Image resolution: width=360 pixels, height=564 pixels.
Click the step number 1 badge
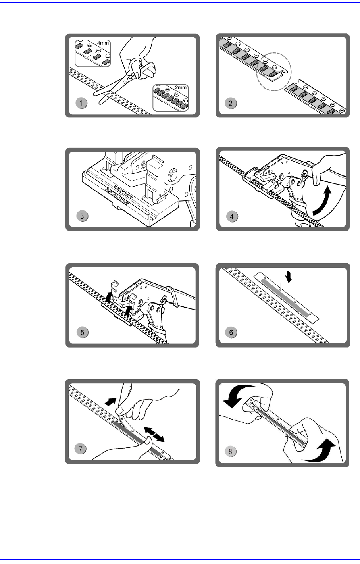coord(81,103)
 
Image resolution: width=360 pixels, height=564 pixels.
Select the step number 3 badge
coord(82,216)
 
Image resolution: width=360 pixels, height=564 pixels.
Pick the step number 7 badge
coord(81,449)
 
